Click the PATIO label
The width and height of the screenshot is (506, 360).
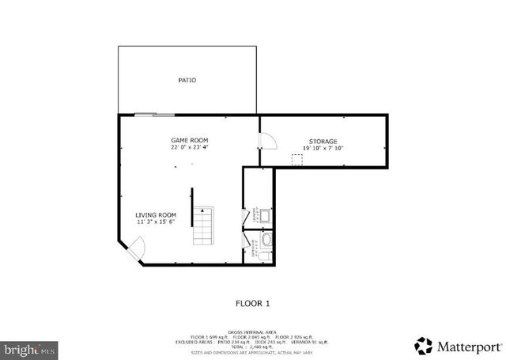pyautogui.click(x=187, y=80)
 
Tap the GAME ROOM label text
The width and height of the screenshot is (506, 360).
pyautogui.click(x=190, y=140)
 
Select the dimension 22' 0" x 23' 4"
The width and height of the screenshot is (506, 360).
pyautogui.click(x=190, y=147)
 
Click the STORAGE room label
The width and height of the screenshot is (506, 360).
pyautogui.click(x=323, y=141)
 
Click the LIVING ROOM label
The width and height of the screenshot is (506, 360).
pyautogui.click(x=155, y=214)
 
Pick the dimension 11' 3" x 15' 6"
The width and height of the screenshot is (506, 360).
pyautogui.click(x=155, y=222)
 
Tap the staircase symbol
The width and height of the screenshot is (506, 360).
pyautogui.click(x=203, y=227)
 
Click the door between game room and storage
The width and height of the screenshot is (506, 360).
pyautogui.click(x=267, y=141)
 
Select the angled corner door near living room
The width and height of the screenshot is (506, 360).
pyautogui.click(x=134, y=253)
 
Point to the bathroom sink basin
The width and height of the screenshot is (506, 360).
pyautogui.click(x=266, y=239)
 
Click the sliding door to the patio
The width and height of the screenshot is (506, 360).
pyautogui.click(x=154, y=116)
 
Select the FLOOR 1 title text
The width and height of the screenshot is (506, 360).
pyautogui.click(x=253, y=303)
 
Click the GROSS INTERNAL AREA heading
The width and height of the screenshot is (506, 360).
pyautogui.click(x=252, y=333)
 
